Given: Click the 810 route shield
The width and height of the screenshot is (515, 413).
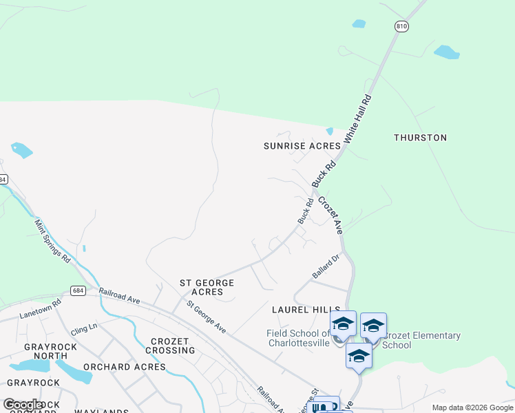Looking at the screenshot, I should pos(401,26).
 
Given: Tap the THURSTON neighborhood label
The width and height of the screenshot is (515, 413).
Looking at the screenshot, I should pos(420,138).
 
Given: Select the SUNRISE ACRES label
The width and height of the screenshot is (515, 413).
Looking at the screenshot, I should pos(302,146).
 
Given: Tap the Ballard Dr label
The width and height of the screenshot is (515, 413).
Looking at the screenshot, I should pos(326,266).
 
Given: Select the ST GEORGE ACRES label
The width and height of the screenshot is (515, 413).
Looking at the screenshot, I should pos(207,287).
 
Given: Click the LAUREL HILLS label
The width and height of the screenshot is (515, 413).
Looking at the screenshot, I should pos(306,310).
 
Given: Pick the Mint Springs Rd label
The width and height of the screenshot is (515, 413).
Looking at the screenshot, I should pos(52,241).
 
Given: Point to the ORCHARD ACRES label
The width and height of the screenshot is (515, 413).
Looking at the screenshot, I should pos(125,367).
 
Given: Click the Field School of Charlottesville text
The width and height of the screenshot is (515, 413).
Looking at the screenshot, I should pos(299,338).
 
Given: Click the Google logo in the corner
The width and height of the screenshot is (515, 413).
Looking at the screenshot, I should pos(22,405).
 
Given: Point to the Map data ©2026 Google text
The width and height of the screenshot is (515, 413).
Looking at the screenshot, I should pos(472,407).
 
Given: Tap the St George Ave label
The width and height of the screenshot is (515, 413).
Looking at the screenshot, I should pos(207,317).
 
